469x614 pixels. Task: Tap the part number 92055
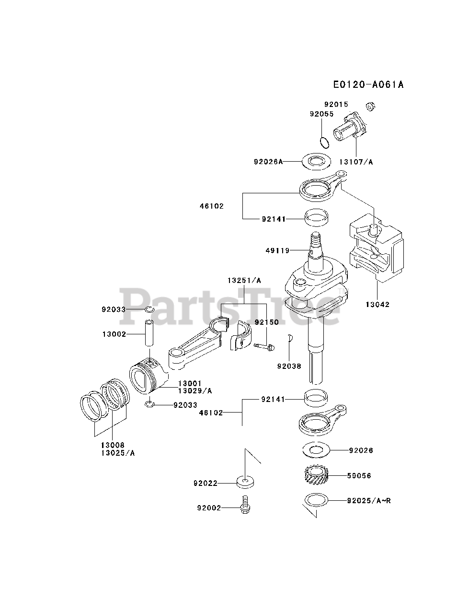point(321,114)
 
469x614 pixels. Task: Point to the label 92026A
point(268,162)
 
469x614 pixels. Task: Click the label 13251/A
point(244,281)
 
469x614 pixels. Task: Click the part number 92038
point(289,366)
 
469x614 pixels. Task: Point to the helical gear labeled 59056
point(316,476)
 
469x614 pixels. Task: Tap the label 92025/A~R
point(369,501)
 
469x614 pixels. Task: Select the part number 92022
point(206,483)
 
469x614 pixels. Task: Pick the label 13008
point(113,445)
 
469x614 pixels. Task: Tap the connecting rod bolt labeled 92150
point(264,345)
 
